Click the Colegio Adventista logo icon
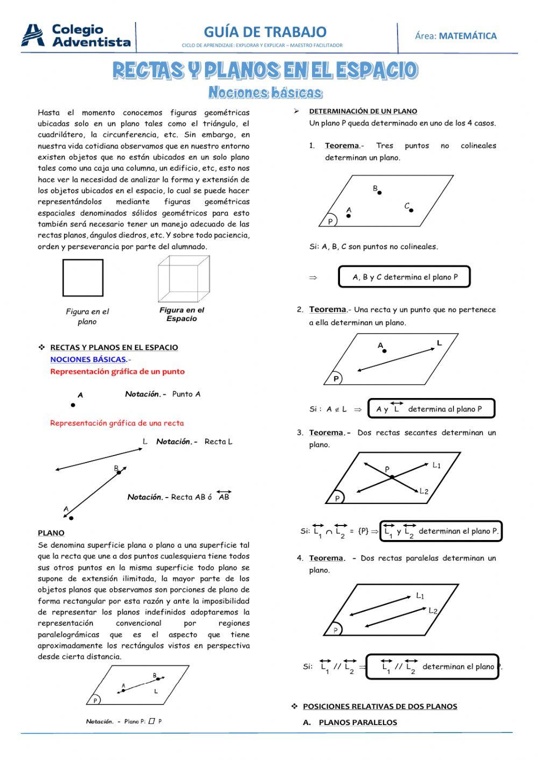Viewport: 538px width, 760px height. [x=33, y=35]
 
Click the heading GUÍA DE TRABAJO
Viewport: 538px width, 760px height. [x=265, y=32]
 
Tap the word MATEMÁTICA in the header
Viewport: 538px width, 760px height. [x=468, y=36]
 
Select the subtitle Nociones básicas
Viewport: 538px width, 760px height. [x=265, y=93]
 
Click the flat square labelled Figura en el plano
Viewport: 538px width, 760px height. [x=83, y=278]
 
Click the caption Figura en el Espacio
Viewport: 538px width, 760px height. [x=182, y=314]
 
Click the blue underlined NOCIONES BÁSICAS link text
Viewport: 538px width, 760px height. [x=89, y=359]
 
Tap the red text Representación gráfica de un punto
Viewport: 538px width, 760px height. [x=117, y=372]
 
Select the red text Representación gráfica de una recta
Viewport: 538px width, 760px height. [x=117, y=423]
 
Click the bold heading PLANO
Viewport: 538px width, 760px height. [x=51, y=533]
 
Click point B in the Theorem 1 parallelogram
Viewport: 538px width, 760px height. [x=379, y=192]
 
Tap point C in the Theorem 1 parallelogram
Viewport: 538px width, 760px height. [x=411, y=210]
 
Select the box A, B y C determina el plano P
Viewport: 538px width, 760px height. [x=405, y=278]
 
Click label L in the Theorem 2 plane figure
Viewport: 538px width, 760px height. [x=439, y=343]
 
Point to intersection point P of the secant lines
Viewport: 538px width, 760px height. [x=392, y=477]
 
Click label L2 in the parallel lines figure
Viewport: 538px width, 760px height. [x=433, y=611]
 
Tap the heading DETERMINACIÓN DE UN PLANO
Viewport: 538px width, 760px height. [x=363, y=111]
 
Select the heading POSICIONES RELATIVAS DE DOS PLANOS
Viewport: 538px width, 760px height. [x=380, y=706]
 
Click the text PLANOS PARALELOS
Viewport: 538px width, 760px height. [x=358, y=722]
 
